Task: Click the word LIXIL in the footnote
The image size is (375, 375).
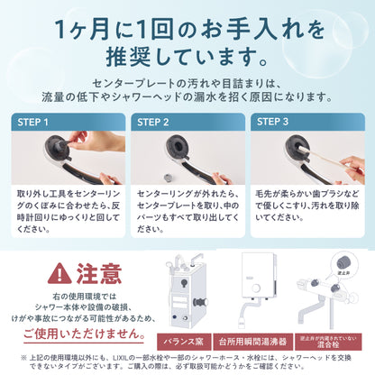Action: coord(117,357)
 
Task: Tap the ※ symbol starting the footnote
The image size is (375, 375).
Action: coord(10,357)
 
